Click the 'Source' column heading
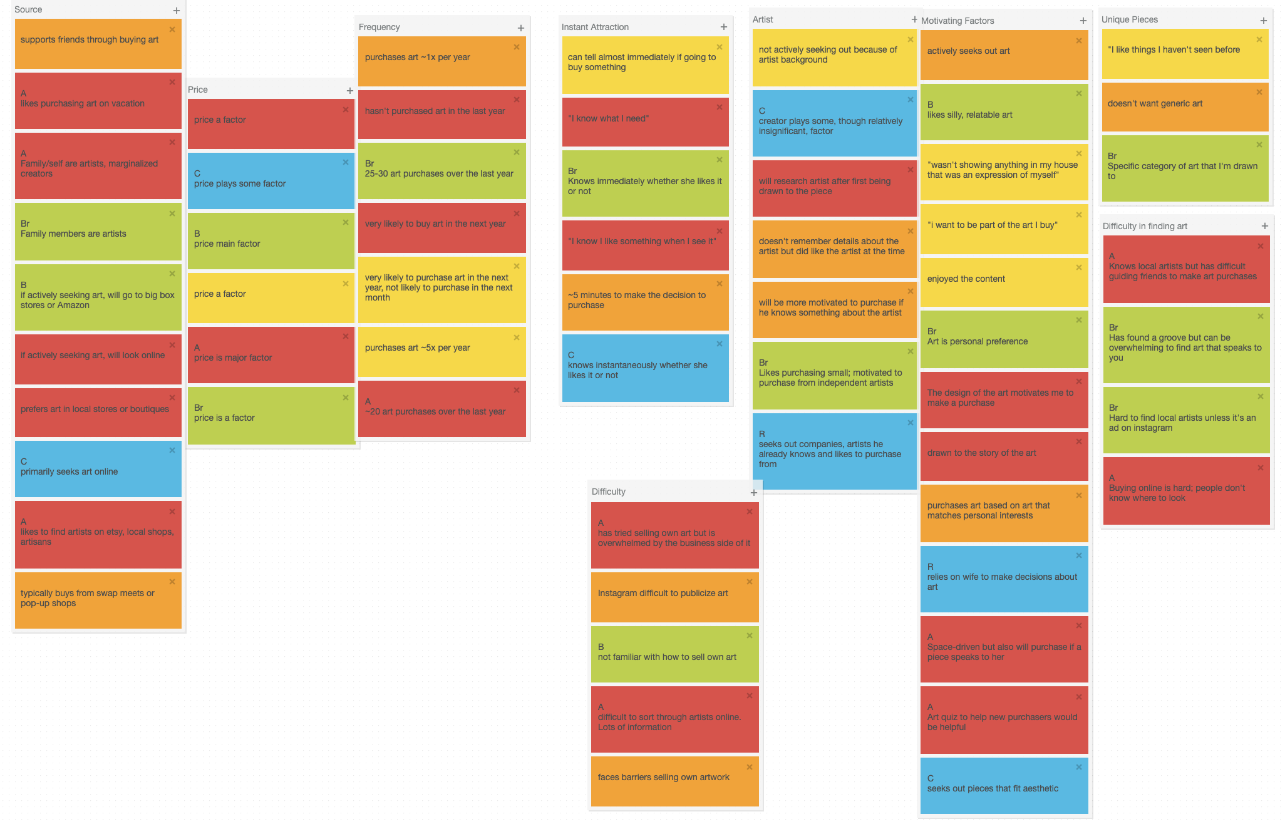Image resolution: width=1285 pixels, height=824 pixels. coord(28,10)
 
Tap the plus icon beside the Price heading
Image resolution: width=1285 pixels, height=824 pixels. coord(349,91)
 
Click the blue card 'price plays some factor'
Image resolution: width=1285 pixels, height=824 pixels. coord(271,182)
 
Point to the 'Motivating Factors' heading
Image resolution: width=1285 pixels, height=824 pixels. coord(957,21)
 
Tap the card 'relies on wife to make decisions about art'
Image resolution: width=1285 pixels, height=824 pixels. coord(1004,579)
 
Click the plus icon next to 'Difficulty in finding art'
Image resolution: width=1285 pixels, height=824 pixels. coord(1264,226)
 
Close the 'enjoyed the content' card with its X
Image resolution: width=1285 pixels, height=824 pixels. coord(1078,267)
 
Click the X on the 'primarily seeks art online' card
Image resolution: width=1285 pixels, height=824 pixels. coord(172,450)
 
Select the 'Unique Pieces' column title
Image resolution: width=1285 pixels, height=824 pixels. coord(1130,19)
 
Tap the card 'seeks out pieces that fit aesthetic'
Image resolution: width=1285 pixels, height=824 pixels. coord(1004,786)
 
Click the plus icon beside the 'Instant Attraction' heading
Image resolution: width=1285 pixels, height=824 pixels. coord(723,27)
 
